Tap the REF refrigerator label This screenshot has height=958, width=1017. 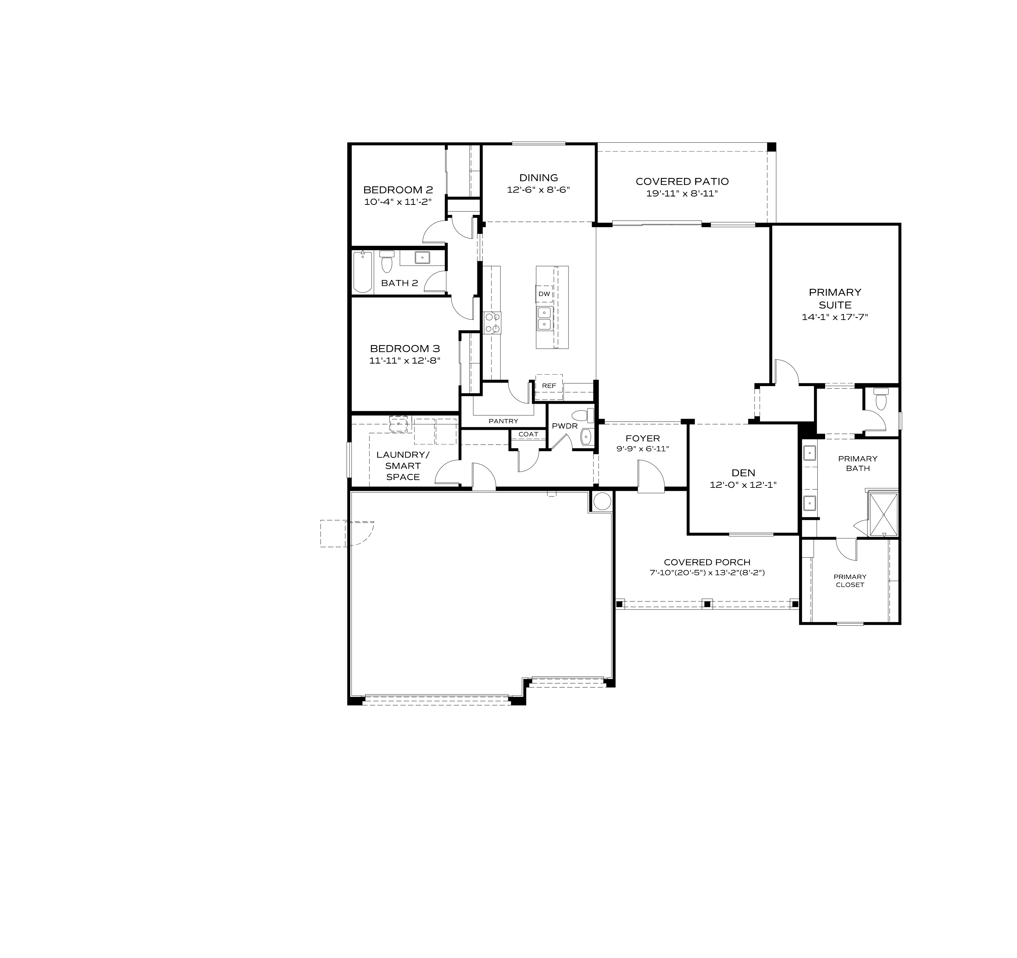(549, 386)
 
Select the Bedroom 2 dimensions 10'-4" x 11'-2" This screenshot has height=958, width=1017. (398, 202)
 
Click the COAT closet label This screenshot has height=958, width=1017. (528, 434)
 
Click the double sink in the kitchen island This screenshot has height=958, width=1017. (544, 318)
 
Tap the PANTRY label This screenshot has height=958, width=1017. (503, 421)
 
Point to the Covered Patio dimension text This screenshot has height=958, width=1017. (682, 194)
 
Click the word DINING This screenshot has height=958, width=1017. (538, 178)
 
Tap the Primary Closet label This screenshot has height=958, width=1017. (850, 580)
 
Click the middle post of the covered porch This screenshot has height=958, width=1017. (707, 604)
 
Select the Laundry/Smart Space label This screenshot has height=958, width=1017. (403, 465)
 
